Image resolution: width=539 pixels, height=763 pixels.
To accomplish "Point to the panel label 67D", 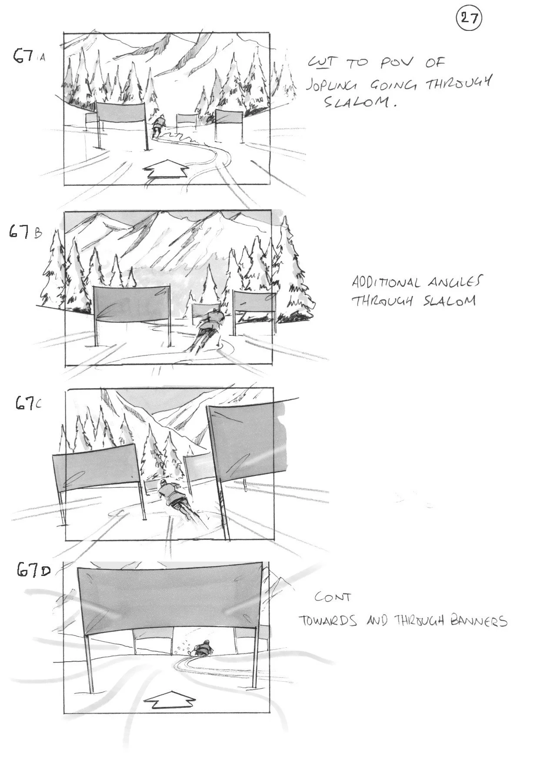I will [33, 570].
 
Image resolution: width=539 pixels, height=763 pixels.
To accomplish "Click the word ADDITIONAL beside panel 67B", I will [386, 283].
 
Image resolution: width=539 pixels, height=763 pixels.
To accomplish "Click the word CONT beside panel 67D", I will [333, 597].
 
